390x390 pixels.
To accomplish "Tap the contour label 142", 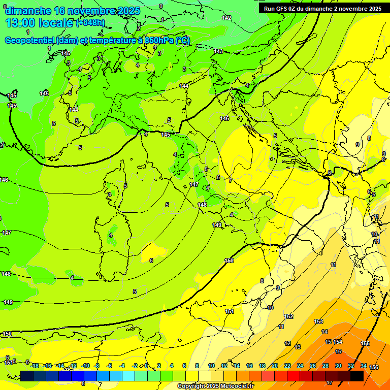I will pyautogui.click(x=226, y=18).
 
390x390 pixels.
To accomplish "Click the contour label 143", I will pyautogui.click(x=218, y=51).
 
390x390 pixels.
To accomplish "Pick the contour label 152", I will pyautogui.click(x=288, y=316).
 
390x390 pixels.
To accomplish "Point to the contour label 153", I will pyautogui.click(x=318, y=321).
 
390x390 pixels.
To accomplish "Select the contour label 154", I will pyautogui.click(x=338, y=342).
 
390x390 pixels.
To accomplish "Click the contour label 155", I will pyautogui.click(x=365, y=344).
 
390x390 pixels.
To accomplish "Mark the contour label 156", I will pyautogui.click(x=374, y=367).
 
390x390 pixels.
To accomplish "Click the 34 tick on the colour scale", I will pyautogui.click(x=364, y=366).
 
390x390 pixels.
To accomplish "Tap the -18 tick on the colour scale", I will pyautogui.click(x=35, y=366).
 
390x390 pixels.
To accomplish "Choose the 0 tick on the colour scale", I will pyautogui.click(x=146, y=366).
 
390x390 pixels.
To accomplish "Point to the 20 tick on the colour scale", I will pyautogui.click(x=275, y=366).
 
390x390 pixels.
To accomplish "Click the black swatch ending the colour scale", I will pyautogui.click(x=357, y=376).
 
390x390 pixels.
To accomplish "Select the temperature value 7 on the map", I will pyautogui.click(x=230, y=180).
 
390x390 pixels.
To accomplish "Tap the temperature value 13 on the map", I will pyautogui.click(x=298, y=347).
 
